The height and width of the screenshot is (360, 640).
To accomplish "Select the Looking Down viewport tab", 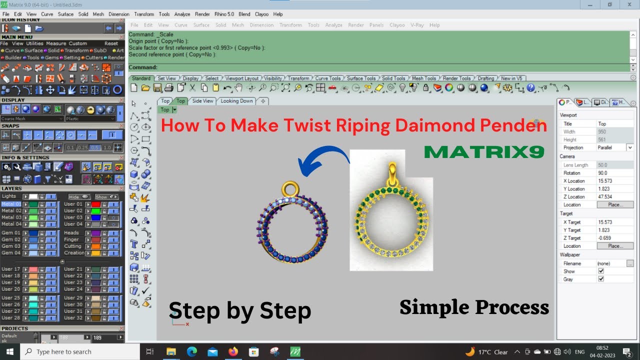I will tap(236, 101).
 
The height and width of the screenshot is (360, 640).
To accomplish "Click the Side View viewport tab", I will tap(202, 101).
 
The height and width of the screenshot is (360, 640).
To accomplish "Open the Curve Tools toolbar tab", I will tap(328, 78).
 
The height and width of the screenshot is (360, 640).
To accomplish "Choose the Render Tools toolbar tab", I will tap(456, 78).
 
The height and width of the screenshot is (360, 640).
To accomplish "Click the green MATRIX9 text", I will tap(484, 152).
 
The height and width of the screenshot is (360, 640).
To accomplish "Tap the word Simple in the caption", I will tap(433, 307).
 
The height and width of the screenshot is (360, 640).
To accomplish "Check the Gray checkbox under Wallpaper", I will tap(601, 279).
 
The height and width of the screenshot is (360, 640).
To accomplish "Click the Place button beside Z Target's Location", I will tap(615, 246).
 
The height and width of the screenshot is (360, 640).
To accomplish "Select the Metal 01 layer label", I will tap(11, 204).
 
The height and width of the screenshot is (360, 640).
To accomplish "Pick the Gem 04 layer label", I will tap(10, 253).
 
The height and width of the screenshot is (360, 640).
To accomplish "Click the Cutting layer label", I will tap(72, 246).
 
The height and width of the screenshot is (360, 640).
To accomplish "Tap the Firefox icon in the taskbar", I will tap(233, 352).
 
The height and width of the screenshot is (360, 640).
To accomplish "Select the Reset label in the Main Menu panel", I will tap(111, 43).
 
